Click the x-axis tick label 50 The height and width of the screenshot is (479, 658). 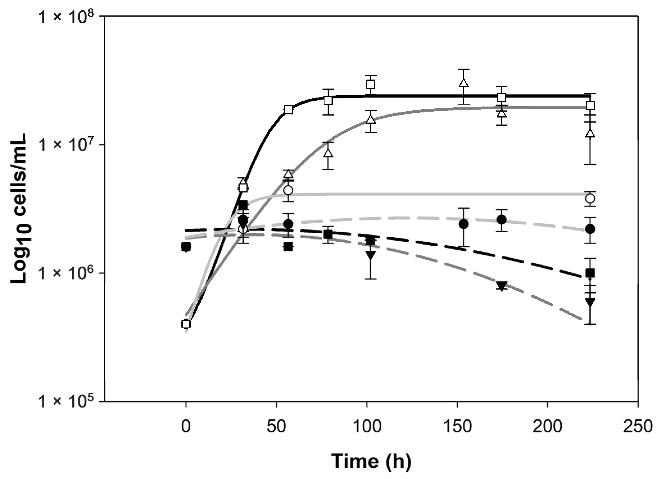click(x=276, y=427)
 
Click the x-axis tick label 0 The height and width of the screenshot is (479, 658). click(x=186, y=427)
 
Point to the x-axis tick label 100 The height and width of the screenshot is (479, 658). click(x=367, y=427)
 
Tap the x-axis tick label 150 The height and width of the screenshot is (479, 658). click(x=457, y=427)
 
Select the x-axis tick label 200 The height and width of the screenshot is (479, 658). click(x=548, y=427)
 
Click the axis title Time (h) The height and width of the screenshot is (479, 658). click(x=371, y=461)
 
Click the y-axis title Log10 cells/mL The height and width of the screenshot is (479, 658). click(x=19, y=208)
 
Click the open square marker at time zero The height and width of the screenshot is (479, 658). click(x=186, y=324)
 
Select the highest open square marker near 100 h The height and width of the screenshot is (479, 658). click(x=371, y=84)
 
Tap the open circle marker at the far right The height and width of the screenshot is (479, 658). click(x=590, y=198)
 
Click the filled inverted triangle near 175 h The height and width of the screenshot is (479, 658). click(x=501, y=286)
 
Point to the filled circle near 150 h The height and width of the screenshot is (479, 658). click(x=464, y=224)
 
